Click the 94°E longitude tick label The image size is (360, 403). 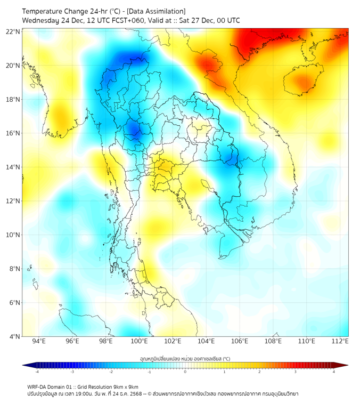pos(39,341)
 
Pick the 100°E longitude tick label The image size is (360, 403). pos(140,341)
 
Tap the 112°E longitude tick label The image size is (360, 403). pos(340,341)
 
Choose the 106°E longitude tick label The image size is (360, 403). pos(240,341)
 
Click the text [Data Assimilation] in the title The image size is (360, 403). pos(154,11)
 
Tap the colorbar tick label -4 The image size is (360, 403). pos(37,372)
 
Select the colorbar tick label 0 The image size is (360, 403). pos(185,372)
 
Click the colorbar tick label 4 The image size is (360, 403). pos(333,372)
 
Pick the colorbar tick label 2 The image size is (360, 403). pos(259,372)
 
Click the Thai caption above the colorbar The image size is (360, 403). pos(185,358)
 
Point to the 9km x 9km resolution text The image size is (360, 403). pos(125,386)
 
